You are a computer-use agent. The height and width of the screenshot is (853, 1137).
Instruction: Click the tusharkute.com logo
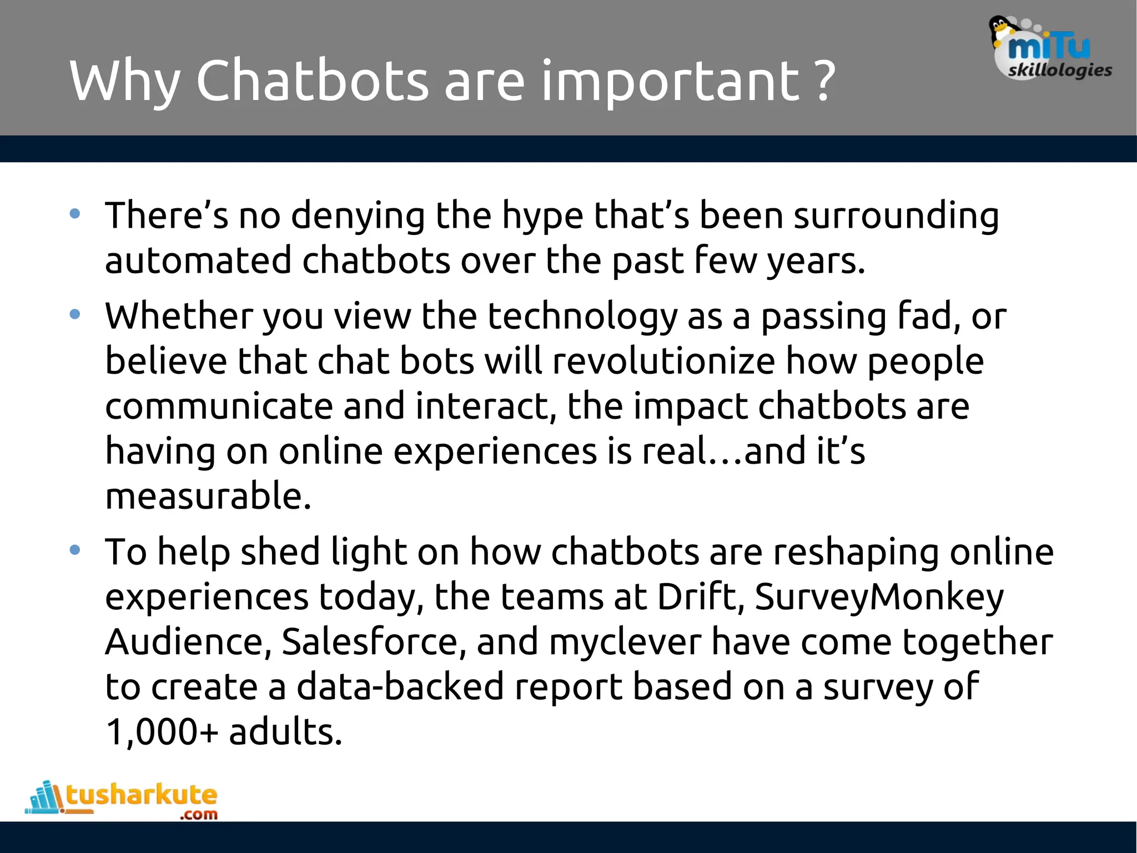pyautogui.click(x=122, y=800)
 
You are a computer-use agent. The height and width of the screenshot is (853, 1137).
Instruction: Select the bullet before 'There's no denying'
pyautogui.click(x=75, y=214)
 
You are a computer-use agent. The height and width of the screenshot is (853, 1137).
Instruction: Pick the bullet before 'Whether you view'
pyautogui.click(x=75, y=315)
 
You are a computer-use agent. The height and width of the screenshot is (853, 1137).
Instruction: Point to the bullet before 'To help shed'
pyautogui.click(x=75, y=550)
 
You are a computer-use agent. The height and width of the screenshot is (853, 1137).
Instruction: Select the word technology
pyautogui.click(x=582, y=317)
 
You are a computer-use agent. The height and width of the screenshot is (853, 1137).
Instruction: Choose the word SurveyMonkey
pyautogui.click(x=879, y=598)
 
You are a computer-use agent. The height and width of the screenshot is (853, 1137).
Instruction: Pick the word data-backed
pyautogui.click(x=400, y=687)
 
